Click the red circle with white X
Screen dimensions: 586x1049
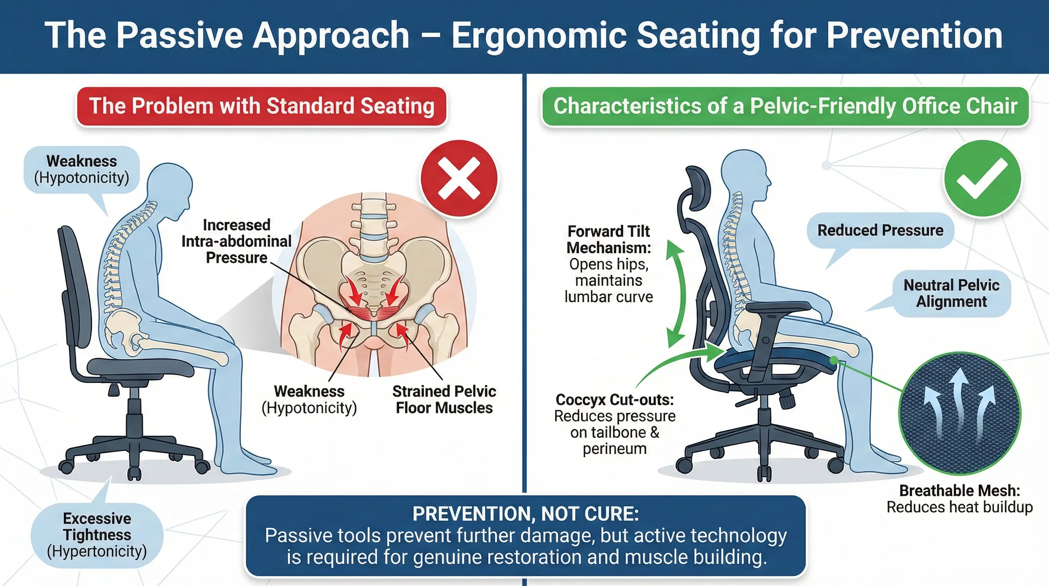(x=459, y=178)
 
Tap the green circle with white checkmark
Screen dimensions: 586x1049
(x=982, y=179)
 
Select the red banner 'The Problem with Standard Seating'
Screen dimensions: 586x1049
(x=261, y=106)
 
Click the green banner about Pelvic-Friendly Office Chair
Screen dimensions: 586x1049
(x=785, y=106)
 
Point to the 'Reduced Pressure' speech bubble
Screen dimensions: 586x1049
(x=880, y=230)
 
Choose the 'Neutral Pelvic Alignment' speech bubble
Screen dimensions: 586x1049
(x=951, y=293)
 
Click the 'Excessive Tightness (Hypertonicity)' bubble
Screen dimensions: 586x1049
(x=97, y=534)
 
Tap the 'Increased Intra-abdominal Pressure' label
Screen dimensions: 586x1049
(x=236, y=241)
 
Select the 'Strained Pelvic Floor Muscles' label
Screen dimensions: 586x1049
(x=444, y=399)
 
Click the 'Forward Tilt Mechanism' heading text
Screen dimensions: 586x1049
(x=608, y=240)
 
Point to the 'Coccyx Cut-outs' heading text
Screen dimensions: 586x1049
(x=614, y=400)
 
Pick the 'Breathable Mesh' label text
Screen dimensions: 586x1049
(x=959, y=491)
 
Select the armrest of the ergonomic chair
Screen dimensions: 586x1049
(x=778, y=307)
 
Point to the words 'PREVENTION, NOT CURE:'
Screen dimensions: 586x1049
(x=525, y=514)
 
